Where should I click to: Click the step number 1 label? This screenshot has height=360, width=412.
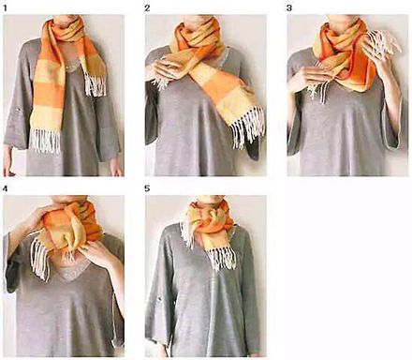click(6, 7)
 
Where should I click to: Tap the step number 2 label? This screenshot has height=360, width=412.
click(147, 8)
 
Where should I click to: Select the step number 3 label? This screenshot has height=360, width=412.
click(289, 8)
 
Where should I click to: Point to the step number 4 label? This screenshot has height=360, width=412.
click(5, 188)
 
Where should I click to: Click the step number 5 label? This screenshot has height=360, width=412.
click(147, 188)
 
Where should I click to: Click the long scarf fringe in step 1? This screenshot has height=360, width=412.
click(45, 141)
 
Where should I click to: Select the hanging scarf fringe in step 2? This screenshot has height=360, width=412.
click(247, 127)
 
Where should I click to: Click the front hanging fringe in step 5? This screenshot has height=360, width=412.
click(222, 260)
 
